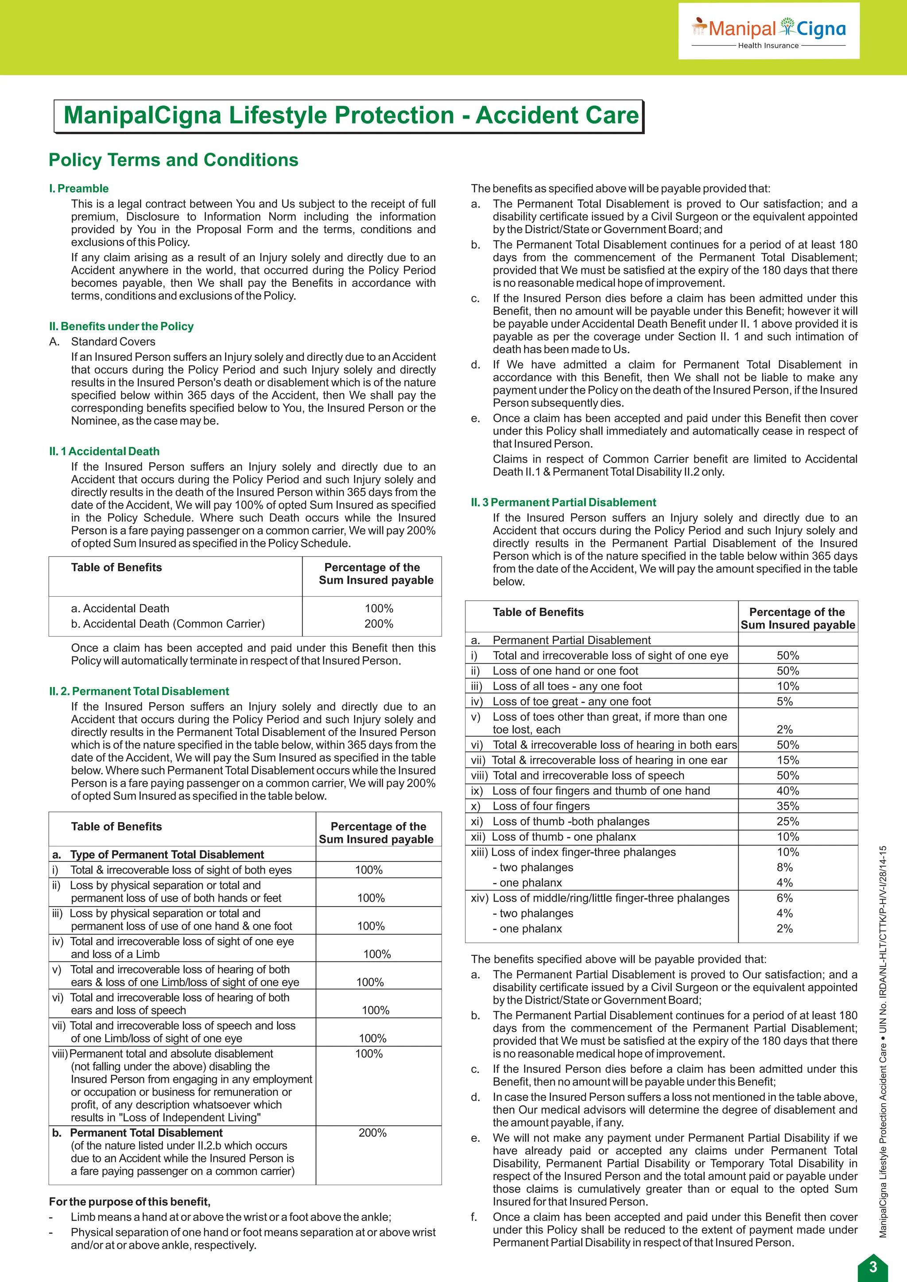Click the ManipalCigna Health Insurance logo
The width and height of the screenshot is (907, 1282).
[x=768, y=31]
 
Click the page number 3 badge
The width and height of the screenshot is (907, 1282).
[x=873, y=1267]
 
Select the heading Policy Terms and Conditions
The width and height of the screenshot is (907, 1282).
[x=173, y=160]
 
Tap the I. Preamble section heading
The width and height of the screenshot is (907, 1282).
[x=79, y=188]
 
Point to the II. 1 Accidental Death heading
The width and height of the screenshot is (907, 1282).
[x=104, y=451]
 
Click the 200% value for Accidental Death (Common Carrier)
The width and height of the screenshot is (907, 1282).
[x=379, y=624]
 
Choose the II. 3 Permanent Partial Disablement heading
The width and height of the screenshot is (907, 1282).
[x=563, y=502]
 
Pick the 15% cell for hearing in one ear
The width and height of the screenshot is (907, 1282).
[x=787, y=760]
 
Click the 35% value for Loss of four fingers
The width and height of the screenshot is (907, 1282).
[x=787, y=806]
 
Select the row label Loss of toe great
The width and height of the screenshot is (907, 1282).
[x=571, y=701]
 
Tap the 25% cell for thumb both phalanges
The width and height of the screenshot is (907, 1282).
[x=787, y=821]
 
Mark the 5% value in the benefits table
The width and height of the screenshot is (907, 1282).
[x=785, y=701]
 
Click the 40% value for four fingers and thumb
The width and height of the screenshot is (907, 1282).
[x=787, y=791]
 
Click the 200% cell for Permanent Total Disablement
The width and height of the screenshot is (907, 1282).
[x=372, y=1132]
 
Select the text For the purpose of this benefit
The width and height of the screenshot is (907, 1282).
[x=130, y=1201]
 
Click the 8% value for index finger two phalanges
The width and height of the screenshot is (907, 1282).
[x=785, y=867]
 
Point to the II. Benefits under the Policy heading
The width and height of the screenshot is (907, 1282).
[x=121, y=326]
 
